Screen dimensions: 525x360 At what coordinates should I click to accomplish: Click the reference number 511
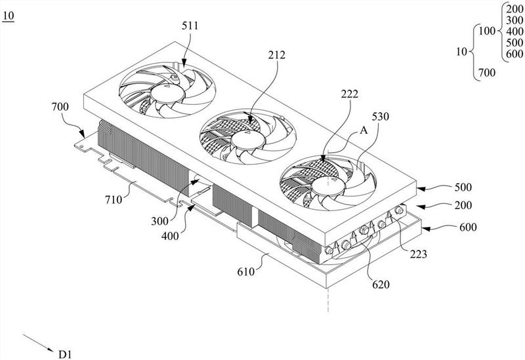(190, 26)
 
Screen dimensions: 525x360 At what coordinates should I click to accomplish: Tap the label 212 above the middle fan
(276, 55)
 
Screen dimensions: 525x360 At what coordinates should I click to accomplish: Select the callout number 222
(350, 94)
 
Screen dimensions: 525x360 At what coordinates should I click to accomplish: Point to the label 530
(381, 117)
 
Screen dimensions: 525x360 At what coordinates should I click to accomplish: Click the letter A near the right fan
(364, 130)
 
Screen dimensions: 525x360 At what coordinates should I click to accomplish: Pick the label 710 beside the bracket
(114, 200)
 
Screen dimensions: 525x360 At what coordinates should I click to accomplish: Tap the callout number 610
(246, 271)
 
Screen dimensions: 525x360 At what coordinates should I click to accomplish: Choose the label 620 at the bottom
(381, 285)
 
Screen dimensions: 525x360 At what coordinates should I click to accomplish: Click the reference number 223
(419, 254)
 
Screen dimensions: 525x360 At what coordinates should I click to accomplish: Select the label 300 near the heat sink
(159, 221)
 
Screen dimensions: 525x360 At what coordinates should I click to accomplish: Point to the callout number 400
(170, 236)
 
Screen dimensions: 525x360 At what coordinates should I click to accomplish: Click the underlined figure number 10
(9, 16)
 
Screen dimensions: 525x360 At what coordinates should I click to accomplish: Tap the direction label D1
(65, 354)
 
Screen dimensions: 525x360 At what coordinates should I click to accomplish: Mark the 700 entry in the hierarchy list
(487, 72)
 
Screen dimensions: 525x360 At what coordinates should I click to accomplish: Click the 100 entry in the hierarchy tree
(487, 31)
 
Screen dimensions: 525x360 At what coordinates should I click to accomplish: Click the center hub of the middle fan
(248, 140)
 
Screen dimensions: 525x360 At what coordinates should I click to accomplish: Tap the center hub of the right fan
(329, 186)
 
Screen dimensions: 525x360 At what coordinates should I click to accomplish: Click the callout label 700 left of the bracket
(60, 107)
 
